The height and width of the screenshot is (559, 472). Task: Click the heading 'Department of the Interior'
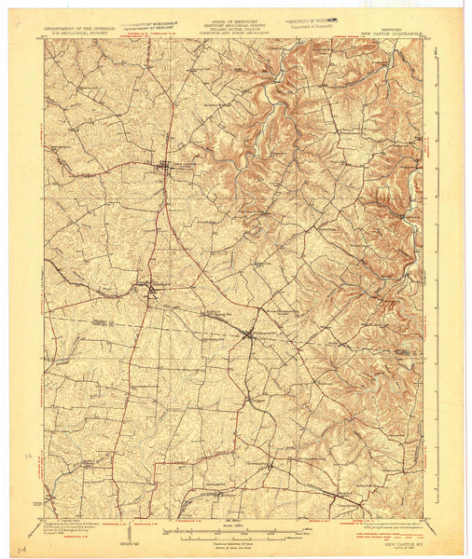pos(79,28)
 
